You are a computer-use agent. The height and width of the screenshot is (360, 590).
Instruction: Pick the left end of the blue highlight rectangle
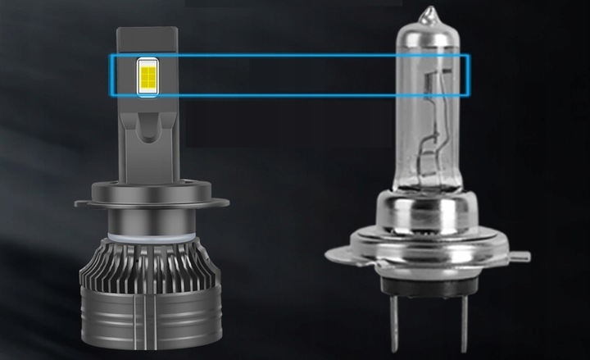(x=112, y=75)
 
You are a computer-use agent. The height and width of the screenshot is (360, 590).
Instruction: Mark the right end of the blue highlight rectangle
(x=468, y=75)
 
